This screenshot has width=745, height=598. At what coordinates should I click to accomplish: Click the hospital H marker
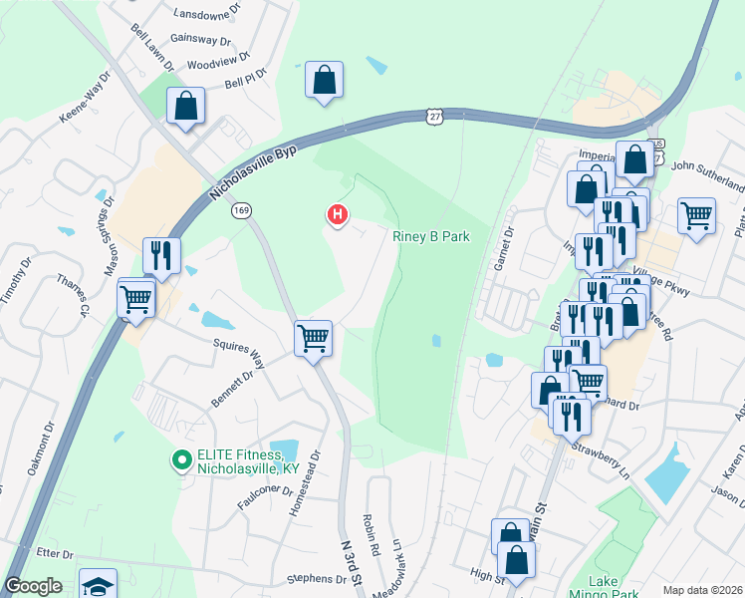pyautogui.click(x=338, y=213)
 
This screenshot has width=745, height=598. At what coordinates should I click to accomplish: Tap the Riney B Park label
pyautogui.click(x=430, y=236)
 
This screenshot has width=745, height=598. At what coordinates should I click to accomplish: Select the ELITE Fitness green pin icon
pyautogui.click(x=181, y=459)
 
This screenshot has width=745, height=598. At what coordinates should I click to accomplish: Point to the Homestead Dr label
pyautogui.click(x=316, y=474)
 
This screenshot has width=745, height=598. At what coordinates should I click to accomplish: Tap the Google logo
pyautogui.click(x=33, y=586)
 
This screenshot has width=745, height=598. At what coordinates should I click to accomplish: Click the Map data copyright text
pyautogui.click(x=702, y=590)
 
